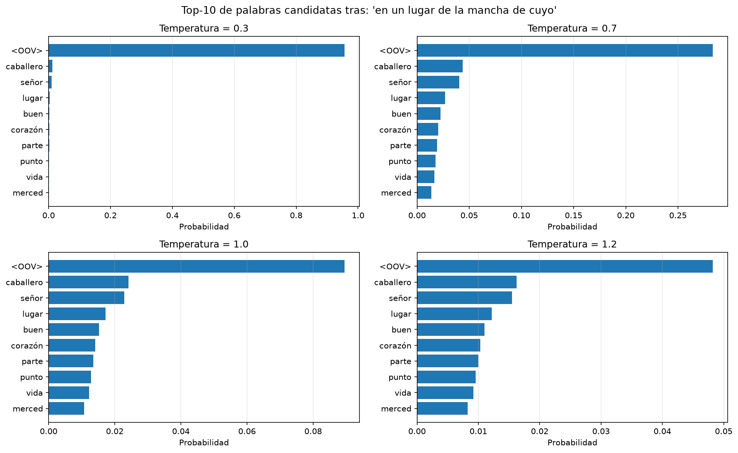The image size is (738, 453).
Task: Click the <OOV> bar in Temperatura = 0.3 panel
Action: [x=197, y=51]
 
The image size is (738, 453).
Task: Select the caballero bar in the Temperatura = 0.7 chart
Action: [x=440, y=66]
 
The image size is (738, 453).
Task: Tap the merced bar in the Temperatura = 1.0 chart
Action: [x=66, y=409]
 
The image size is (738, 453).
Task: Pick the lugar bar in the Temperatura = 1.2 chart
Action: [x=454, y=314]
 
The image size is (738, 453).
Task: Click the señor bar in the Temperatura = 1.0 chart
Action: [x=86, y=298]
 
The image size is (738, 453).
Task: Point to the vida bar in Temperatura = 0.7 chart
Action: [x=426, y=177]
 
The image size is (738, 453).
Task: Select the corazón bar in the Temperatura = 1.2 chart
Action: [x=449, y=345]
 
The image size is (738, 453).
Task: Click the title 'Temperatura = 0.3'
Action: [x=204, y=29]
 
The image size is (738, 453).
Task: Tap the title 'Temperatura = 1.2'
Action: [x=572, y=244]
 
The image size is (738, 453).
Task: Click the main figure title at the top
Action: [x=369, y=10]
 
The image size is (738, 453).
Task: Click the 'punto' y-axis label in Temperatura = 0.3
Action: [x=31, y=161]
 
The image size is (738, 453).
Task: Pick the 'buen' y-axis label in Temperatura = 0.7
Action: [x=402, y=114]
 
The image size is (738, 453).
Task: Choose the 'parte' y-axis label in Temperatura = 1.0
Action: [x=32, y=361]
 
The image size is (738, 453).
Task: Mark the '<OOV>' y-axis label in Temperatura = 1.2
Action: [x=395, y=267]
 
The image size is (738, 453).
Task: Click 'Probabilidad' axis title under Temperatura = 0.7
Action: [x=572, y=227]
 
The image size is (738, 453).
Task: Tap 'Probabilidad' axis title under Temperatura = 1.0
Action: [x=204, y=443]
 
